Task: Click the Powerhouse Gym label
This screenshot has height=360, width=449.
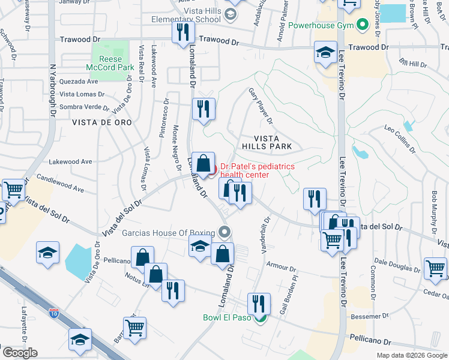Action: click(x=321, y=26)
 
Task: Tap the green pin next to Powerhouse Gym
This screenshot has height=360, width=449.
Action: click(x=362, y=26)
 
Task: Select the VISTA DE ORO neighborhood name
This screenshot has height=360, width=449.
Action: click(x=101, y=122)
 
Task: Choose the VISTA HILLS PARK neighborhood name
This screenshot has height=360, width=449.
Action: click(x=267, y=142)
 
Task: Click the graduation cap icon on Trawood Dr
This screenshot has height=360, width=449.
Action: click(x=325, y=52)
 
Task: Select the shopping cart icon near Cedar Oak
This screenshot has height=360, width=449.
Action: click(x=435, y=268)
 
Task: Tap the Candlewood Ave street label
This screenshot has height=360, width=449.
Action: click(x=60, y=183)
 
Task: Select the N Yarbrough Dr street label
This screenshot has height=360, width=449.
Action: click(x=53, y=85)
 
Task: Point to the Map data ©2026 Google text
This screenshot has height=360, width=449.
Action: click(x=411, y=355)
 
